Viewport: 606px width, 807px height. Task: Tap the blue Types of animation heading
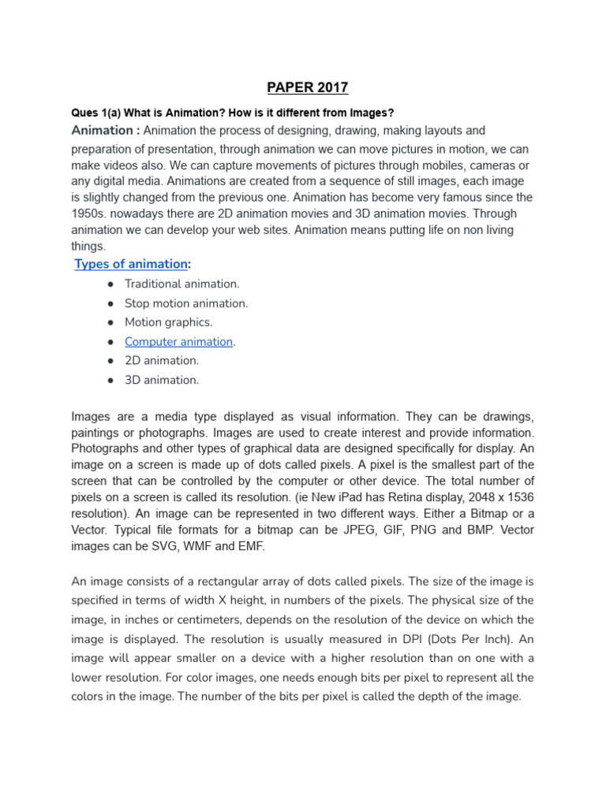tap(132, 264)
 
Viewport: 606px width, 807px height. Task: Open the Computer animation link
tap(178, 341)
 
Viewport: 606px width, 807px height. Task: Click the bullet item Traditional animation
tap(181, 284)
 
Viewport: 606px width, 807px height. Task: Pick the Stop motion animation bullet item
tap(185, 303)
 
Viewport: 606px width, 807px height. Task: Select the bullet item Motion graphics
tap(168, 322)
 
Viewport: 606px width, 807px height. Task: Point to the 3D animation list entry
tap(162, 380)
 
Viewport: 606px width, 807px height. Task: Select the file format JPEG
tap(365, 530)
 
